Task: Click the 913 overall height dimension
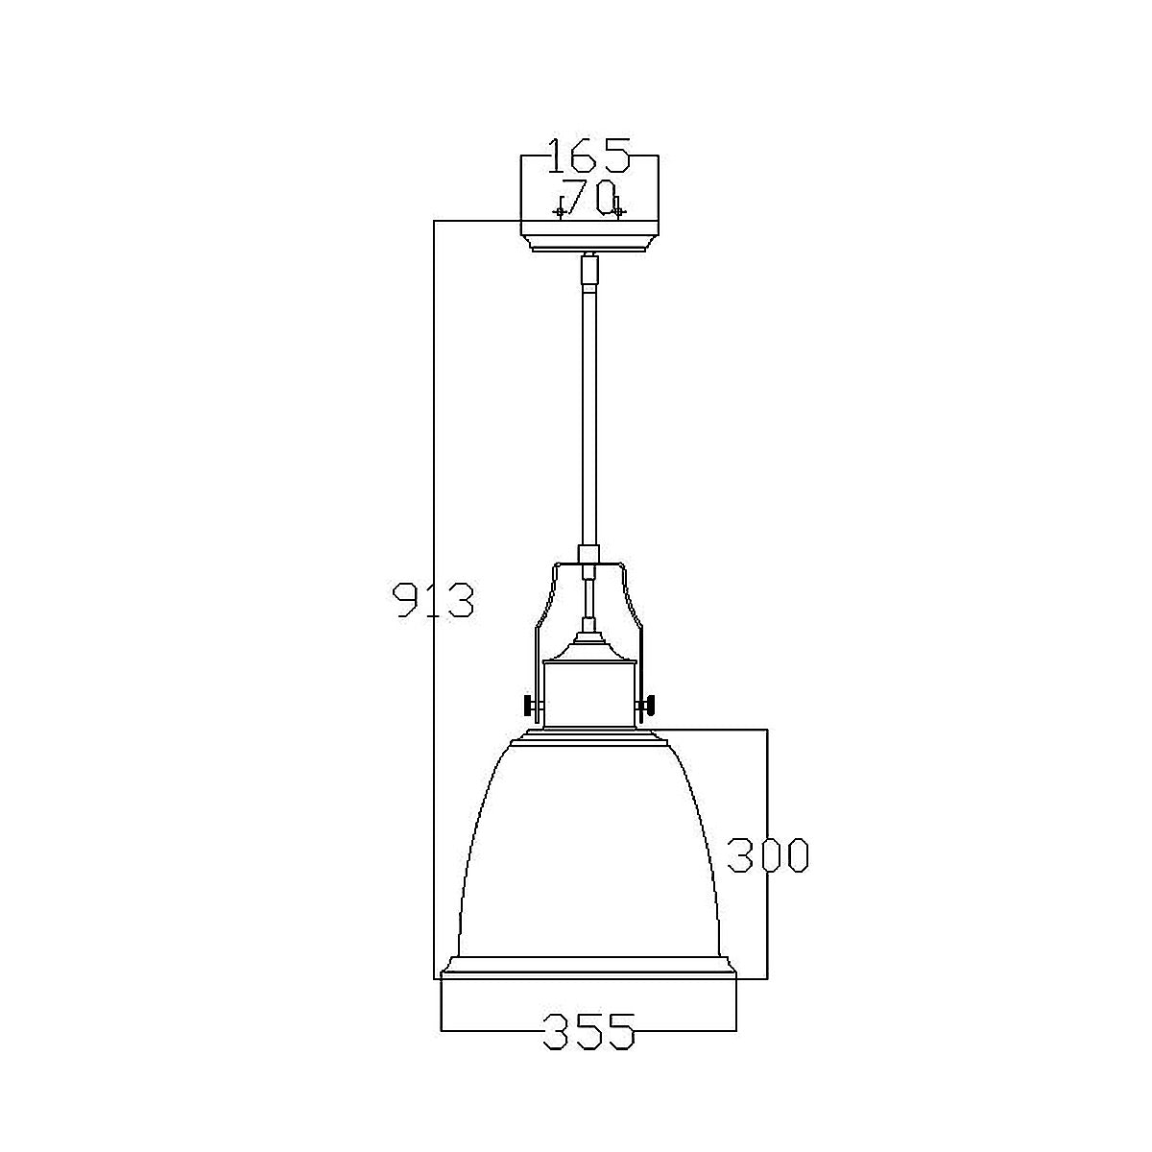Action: [x=435, y=599]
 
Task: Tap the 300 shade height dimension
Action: [x=767, y=855]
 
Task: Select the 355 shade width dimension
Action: [x=588, y=1032]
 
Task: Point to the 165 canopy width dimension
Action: [x=588, y=155]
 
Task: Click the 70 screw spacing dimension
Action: [x=587, y=198]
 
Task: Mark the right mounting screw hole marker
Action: [x=619, y=211]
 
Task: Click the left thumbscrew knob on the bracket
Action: [x=529, y=707]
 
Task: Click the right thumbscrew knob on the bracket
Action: [x=651, y=707]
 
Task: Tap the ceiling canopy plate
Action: [x=589, y=235]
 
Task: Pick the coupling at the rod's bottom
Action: [x=588, y=555]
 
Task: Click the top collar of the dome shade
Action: [x=589, y=736]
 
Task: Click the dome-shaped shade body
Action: [x=588, y=854]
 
